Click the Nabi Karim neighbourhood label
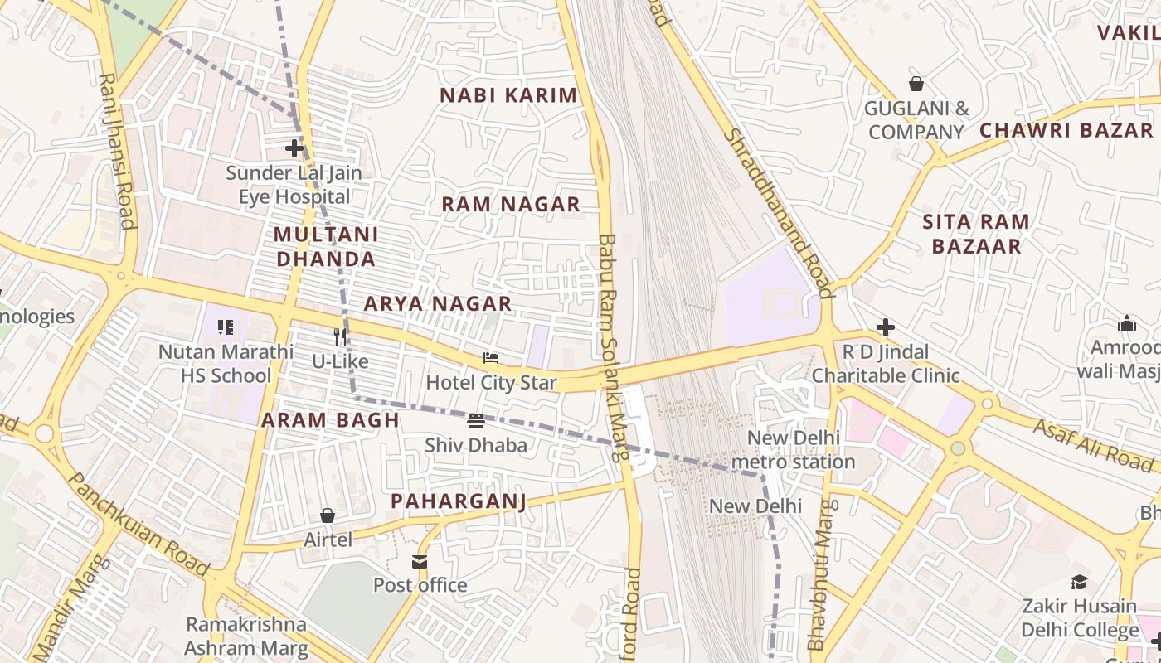(x=508, y=95)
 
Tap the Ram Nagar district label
(x=510, y=205)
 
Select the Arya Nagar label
(x=438, y=304)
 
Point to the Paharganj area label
(x=459, y=501)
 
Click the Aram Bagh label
(x=331, y=420)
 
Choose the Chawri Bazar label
(x=1066, y=130)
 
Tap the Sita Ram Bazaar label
(x=976, y=234)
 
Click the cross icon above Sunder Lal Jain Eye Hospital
(x=294, y=149)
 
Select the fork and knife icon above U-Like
(x=339, y=336)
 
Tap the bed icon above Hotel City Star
(x=491, y=358)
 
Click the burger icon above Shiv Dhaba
(x=476, y=421)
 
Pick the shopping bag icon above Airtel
(x=328, y=515)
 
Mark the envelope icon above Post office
(x=420, y=562)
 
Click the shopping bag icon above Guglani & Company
(x=916, y=84)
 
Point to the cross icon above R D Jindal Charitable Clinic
(x=886, y=327)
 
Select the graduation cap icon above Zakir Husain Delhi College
(x=1079, y=582)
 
